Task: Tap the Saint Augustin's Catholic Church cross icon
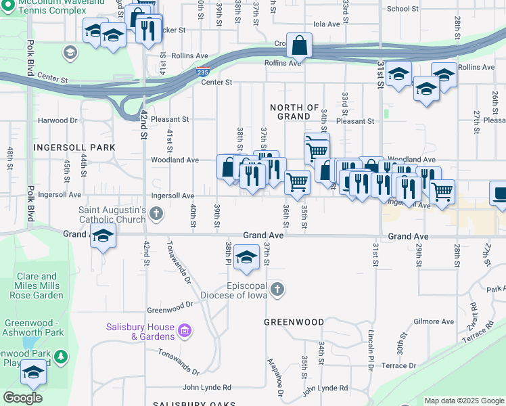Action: coord(156,215)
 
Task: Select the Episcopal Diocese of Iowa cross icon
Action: coord(277,290)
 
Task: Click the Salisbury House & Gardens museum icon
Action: coord(185,332)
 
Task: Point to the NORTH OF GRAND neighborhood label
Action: coord(294,112)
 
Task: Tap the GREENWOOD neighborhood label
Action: coord(294,322)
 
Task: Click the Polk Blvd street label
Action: coord(30,58)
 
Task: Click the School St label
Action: coord(403,9)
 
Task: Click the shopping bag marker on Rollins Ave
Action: coord(299,47)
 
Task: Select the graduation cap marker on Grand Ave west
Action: coord(103,238)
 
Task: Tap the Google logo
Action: coord(22,398)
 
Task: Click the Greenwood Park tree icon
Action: coord(61,355)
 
